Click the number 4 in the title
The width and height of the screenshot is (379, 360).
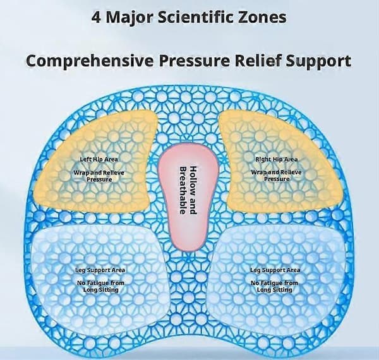97,18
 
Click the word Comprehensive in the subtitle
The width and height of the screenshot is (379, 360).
90,61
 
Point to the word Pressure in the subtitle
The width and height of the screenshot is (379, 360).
194,61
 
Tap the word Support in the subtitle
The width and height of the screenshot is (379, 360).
318,61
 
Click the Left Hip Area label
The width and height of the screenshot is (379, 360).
99,159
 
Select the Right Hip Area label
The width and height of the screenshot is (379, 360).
277,159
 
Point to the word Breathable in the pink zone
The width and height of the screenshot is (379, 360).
183,190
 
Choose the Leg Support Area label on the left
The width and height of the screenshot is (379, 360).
100,270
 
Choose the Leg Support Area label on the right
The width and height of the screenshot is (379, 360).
275,270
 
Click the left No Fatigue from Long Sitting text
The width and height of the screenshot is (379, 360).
100,286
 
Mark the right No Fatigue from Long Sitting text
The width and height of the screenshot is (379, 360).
274,286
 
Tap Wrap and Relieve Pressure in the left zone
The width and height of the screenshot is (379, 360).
99,176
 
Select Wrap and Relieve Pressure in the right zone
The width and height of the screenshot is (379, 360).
276,176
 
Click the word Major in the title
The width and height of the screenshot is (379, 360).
129,18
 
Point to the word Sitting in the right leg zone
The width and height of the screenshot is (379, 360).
282,290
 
